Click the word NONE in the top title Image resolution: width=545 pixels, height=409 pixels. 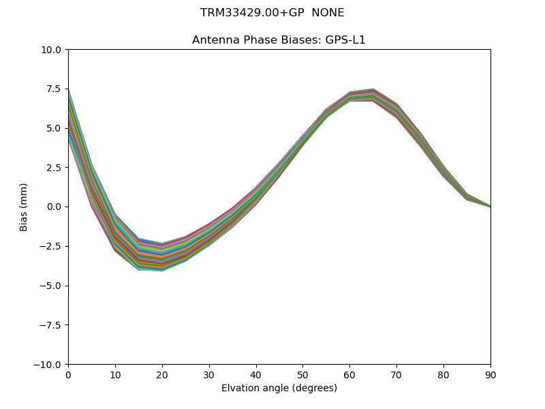click(x=328, y=13)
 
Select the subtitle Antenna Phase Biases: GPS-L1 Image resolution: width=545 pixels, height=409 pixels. click(x=279, y=40)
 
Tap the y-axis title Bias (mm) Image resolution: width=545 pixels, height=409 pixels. click(x=24, y=207)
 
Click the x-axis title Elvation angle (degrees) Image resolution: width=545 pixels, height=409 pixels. click(x=279, y=388)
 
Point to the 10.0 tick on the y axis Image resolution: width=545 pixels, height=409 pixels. click(x=52, y=50)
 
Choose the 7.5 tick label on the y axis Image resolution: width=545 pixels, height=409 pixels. click(x=54, y=89)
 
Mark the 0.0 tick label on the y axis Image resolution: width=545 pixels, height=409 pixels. click(x=54, y=207)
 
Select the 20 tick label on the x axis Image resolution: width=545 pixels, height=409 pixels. click(x=162, y=374)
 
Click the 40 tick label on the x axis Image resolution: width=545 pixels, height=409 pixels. click(x=255, y=374)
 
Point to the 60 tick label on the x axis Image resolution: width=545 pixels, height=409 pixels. click(x=349, y=374)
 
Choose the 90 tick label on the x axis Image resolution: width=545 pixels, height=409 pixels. click(x=490, y=374)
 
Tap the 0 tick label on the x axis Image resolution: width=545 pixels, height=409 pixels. click(x=68, y=374)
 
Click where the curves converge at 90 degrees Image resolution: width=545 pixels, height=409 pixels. click(x=490, y=207)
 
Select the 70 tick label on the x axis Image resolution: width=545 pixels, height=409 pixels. click(x=396, y=374)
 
